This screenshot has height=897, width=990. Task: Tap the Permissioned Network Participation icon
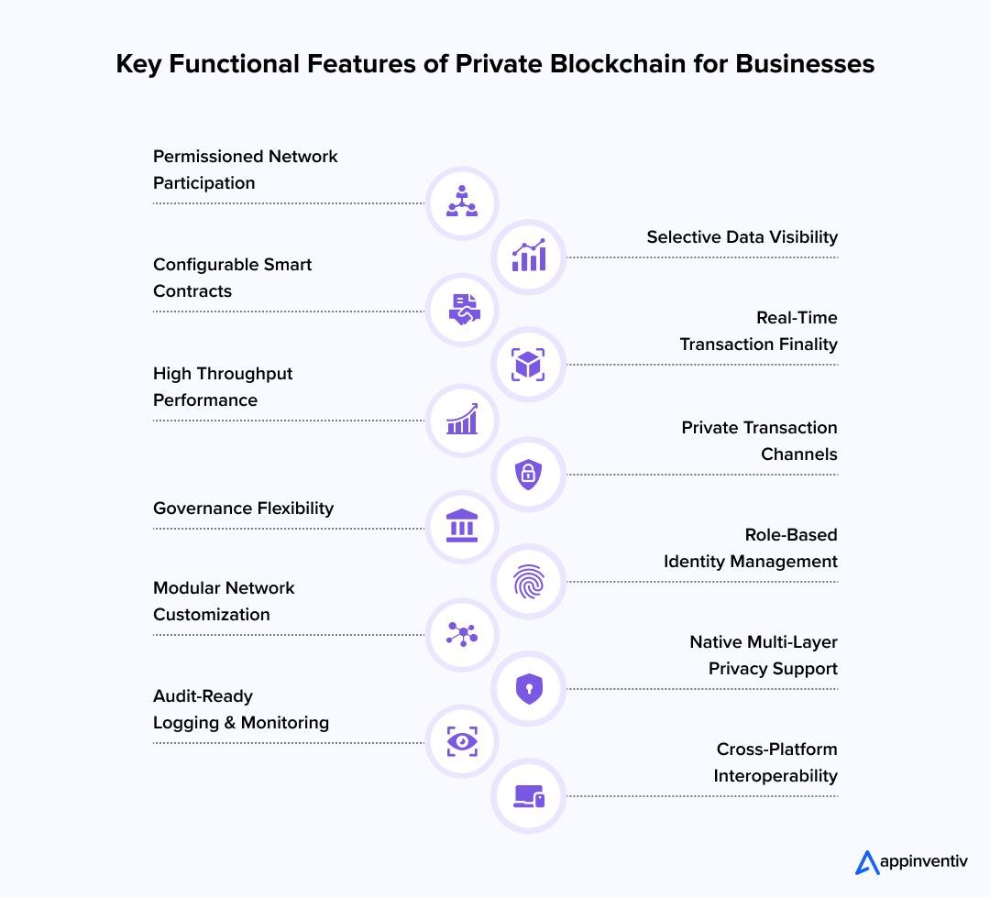462,202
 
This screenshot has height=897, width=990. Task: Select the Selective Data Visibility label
742,236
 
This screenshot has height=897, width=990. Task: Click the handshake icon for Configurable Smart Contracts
464,310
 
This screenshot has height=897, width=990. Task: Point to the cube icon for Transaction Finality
528,365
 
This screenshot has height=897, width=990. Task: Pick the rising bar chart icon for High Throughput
462,419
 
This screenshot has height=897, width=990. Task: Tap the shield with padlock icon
529,474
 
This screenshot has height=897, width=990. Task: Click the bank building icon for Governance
462,526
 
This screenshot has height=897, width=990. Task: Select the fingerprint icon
529,582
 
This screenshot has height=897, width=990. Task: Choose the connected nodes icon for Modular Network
462,634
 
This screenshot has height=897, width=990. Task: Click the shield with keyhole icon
529,688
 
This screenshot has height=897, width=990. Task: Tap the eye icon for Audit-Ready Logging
462,741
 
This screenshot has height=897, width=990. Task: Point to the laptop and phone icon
529,796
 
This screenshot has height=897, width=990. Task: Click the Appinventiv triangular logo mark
867,863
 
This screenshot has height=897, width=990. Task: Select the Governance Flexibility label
243,509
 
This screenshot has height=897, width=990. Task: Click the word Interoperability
775,776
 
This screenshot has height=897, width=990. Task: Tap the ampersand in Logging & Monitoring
230,723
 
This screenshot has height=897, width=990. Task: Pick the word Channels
798,454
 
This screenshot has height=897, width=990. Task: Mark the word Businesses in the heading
805,64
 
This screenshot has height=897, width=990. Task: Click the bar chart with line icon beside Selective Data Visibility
529,256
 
